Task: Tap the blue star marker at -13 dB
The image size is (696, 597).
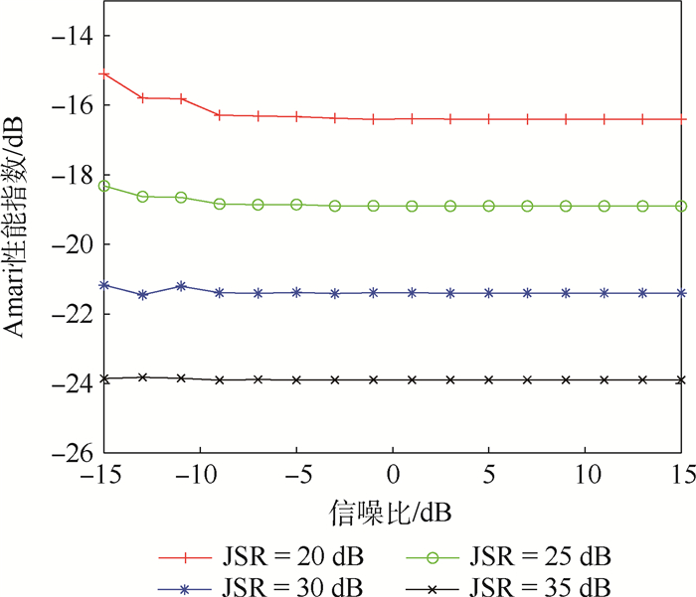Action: click(143, 295)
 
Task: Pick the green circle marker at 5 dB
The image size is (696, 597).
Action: click(489, 206)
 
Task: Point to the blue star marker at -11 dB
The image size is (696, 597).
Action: click(181, 286)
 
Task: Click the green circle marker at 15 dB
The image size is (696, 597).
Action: click(682, 206)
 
